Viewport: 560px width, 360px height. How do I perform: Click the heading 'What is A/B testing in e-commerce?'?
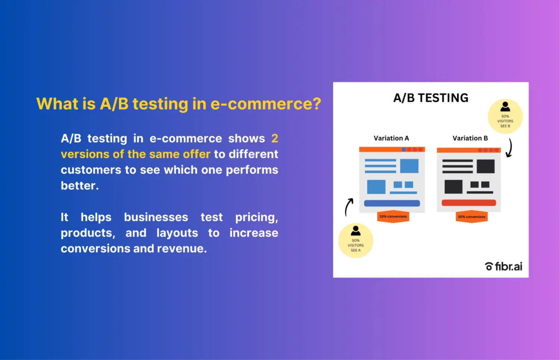pyautogui.click(x=178, y=104)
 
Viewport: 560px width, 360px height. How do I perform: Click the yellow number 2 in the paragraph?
pyautogui.click(x=274, y=139)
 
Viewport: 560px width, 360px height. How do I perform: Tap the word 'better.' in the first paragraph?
pyautogui.click(x=80, y=186)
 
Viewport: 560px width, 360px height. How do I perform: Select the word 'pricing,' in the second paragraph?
pyautogui.click(x=256, y=217)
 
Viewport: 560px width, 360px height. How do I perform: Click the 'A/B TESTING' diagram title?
pyautogui.click(x=430, y=98)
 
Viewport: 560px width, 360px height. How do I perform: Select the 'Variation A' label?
pyautogui.click(x=391, y=138)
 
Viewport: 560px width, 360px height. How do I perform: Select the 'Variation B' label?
pyautogui.click(x=470, y=138)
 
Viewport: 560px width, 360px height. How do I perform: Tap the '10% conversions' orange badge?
pyautogui.click(x=393, y=217)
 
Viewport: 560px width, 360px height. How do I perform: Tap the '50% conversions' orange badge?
pyautogui.click(x=472, y=217)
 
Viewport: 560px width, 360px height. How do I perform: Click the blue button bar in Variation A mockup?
pyautogui.click(x=392, y=204)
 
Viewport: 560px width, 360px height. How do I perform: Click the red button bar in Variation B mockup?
pyautogui.click(x=469, y=203)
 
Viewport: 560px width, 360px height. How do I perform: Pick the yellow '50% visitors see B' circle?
pyautogui.click(x=505, y=117)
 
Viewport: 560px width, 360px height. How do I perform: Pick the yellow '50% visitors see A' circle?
pyautogui.click(x=355, y=241)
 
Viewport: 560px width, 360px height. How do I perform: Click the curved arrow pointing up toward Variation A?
pyautogui.click(x=348, y=207)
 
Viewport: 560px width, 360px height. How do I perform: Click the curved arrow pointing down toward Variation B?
pyautogui.click(x=509, y=148)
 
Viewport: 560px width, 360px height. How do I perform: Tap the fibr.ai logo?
pyautogui.click(x=503, y=266)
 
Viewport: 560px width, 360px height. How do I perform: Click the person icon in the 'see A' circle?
pyautogui.click(x=356, y=230)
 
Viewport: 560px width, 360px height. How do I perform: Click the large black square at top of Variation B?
pyautogui.click(x=485, y=166)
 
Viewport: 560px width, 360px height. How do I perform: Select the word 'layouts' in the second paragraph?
pyautogui.click(x=177, y=233)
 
